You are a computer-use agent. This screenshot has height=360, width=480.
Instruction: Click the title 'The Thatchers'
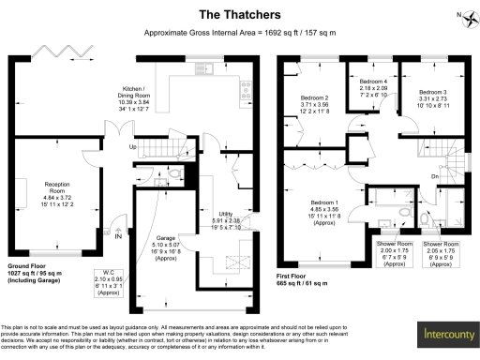[x=240, y=14]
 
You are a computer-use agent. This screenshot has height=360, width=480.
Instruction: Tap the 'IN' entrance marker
[x=117, y=236]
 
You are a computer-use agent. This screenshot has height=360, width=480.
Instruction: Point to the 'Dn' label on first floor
[x=435, y=175]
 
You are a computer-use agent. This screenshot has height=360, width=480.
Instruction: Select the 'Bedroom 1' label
[x=324, y=208]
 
